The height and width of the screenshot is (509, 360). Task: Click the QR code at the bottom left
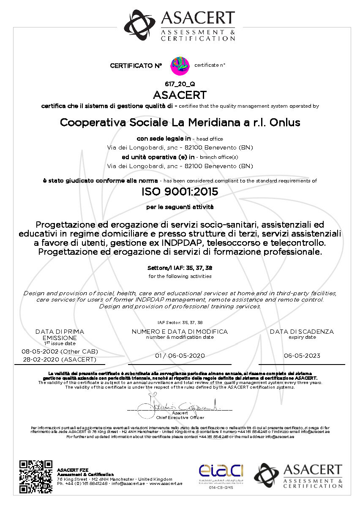pos(36,477)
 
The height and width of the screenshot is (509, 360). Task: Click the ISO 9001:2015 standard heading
pos(180,192)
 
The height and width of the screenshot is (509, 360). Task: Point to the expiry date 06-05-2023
pos(302,356)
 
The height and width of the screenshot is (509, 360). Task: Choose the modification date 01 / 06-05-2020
pos(180,356)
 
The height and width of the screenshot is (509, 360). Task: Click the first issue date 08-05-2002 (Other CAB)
pos(60,352)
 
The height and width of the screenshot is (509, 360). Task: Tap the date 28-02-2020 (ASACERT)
pos(60,359)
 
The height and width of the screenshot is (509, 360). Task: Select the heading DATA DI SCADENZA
pos(302,332)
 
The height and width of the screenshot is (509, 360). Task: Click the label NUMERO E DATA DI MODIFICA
pos(180,332)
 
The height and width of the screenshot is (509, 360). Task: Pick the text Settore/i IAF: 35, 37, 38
pos(180,268)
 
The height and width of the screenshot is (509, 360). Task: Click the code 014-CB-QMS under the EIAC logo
pos(221,487)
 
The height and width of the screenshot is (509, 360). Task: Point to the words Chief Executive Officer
pos(180,417)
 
